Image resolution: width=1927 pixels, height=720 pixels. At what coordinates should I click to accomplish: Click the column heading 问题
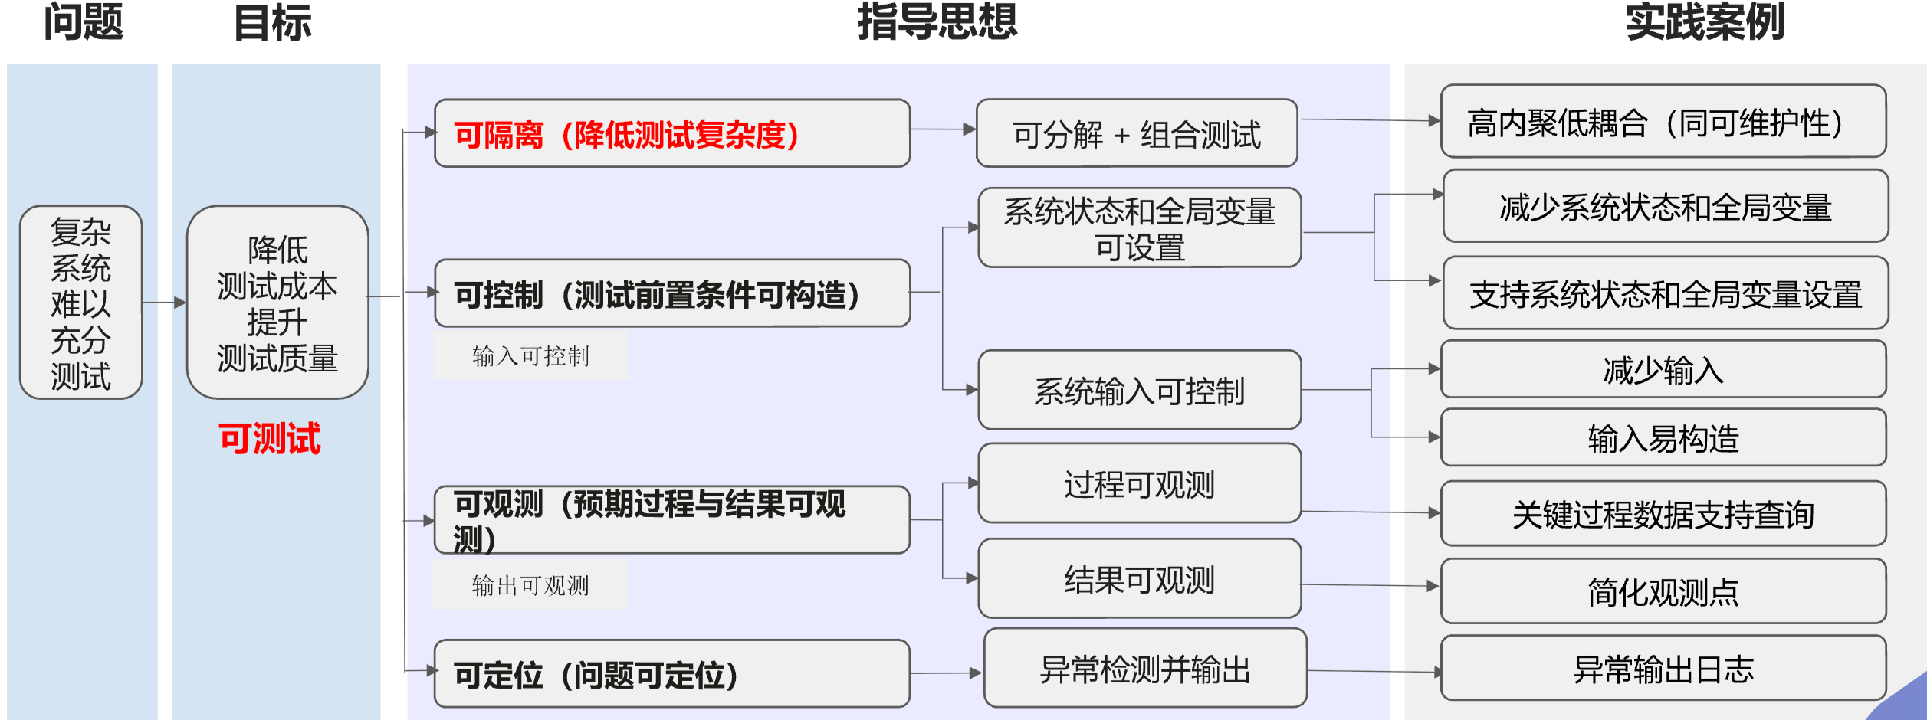83,23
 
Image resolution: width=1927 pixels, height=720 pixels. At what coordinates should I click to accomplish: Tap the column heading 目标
273,23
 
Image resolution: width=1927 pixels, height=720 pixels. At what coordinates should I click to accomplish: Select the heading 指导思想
937,21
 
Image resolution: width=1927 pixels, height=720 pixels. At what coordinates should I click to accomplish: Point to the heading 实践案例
1705,21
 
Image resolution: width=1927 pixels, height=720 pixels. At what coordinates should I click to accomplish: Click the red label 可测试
270,439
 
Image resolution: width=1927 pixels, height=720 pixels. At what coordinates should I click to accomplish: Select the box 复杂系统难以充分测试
81,303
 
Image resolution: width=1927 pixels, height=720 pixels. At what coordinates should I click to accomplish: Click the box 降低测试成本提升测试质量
277,303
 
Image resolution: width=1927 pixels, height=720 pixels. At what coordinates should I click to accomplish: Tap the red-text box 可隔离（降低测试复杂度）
671,134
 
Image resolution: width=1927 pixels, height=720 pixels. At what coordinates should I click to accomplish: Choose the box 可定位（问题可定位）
671,674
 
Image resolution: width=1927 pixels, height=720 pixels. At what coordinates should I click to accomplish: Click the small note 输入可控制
530,356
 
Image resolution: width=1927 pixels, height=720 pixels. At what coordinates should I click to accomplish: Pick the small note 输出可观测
530,586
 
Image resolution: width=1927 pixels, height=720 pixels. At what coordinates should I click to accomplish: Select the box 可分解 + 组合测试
1137,134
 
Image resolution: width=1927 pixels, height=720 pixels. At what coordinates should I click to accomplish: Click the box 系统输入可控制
1139,391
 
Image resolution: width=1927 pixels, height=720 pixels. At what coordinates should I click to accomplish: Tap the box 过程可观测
1139,484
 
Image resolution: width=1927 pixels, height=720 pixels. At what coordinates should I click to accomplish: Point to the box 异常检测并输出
1145,669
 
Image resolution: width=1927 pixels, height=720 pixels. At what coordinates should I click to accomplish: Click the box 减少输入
1663,370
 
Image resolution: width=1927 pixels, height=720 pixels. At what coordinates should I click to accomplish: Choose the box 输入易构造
1663,438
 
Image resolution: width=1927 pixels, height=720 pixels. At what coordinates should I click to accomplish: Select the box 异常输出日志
1663,669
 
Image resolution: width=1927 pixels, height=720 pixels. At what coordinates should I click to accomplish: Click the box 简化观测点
1663,591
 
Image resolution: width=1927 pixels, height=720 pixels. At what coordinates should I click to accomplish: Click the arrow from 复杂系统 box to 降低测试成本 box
164,303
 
